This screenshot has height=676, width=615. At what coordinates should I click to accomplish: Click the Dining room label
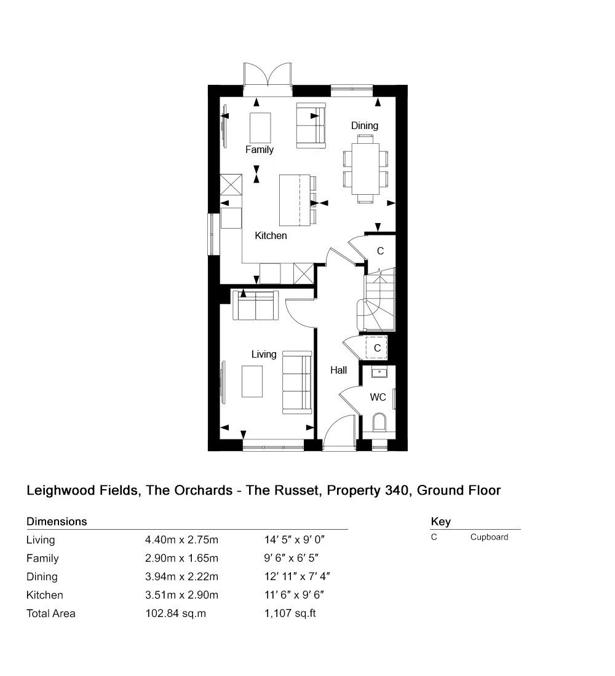(x=364, y=125)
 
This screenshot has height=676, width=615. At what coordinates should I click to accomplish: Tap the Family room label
(x=260, y=149)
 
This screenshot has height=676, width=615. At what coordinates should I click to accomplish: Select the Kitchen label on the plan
(x=271, y=235)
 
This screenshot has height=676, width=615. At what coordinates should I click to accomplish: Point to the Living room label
(x=264, y=355)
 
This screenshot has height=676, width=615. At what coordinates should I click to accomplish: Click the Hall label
(x=338, y=370)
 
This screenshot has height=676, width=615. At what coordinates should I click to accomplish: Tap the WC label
(x=378, y=397)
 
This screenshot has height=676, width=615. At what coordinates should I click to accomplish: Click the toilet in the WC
(x=379, y=422)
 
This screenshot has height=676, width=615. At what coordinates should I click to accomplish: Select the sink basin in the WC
(x=379, y=372)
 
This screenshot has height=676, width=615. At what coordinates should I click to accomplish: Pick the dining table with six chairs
(x=365, y=168)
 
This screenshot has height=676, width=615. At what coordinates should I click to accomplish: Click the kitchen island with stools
(x=298, y=200)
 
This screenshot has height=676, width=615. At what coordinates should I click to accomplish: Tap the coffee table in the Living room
(x=252, y=382)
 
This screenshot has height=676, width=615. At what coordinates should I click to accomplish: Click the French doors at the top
(x=268, y=80)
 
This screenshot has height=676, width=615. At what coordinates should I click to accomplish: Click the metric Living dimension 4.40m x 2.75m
(x=181, y=540)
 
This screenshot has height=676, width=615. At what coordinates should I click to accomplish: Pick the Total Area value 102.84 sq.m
(x=176, y=613)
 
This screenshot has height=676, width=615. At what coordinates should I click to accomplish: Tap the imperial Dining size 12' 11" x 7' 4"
(x=298, y=576)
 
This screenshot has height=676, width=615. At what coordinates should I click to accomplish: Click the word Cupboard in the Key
(x=489, y=537)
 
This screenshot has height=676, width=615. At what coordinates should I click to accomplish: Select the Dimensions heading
(x=57, y=522)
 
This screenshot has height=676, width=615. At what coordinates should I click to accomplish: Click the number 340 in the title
(x=397, y=490)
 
